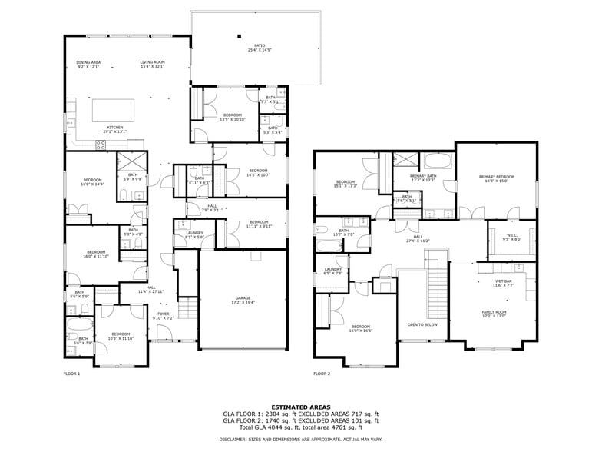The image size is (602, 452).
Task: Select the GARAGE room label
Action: [243, 299]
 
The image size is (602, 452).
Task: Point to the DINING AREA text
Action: [88, 62]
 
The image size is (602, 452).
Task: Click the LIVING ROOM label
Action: [152, 62]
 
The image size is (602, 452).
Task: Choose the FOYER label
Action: [164, 314]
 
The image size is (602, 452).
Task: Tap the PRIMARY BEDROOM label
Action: [497, 177]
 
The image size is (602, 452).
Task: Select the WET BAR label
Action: [504, 281]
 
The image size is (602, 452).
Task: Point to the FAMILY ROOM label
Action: [494, 312]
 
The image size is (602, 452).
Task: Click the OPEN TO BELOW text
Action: [422, 325]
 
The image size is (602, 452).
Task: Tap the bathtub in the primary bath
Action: [439, 162]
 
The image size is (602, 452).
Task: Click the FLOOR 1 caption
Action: [71, 374]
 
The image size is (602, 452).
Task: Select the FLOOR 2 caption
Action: [322, 374]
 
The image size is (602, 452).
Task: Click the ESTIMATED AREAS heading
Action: [300, 407]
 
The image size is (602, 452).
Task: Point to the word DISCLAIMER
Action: [234, 440]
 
